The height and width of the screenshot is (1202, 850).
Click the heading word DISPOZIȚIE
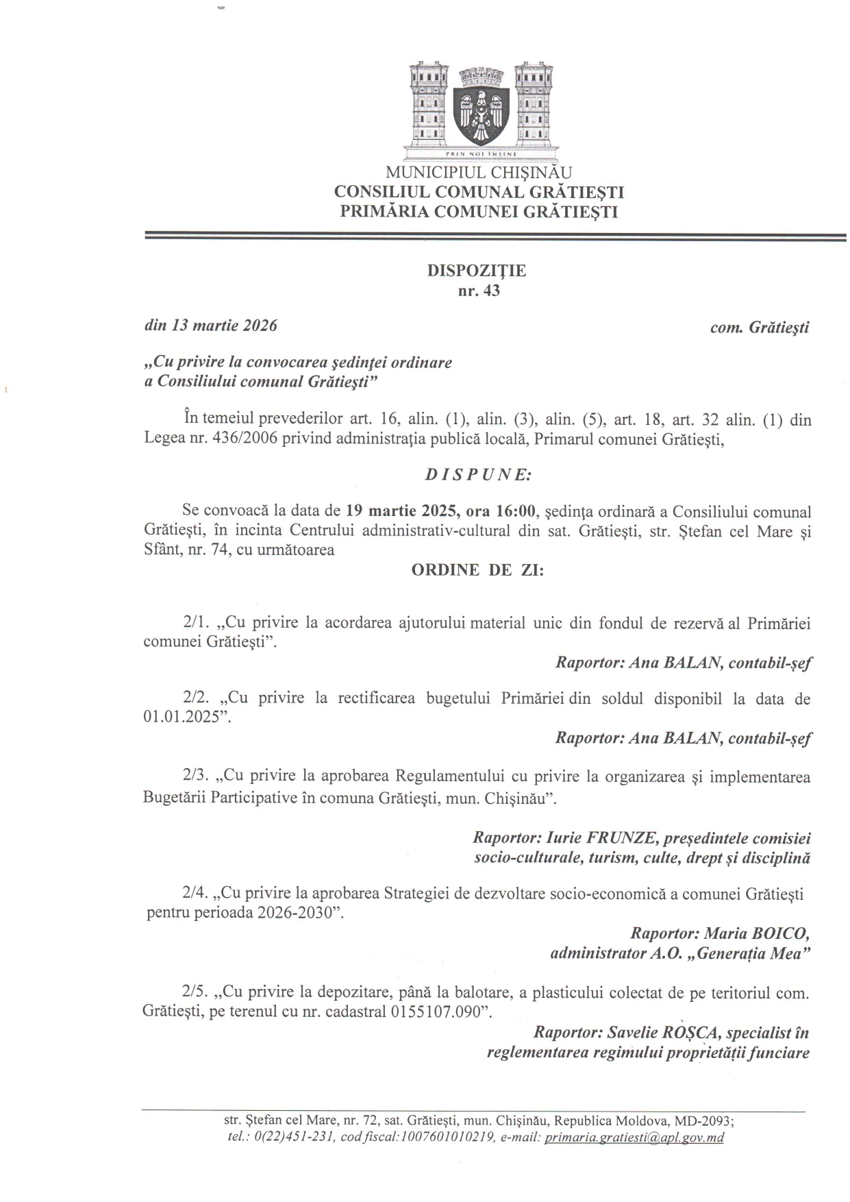pos(477,271)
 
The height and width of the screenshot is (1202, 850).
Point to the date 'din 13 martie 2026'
pos(210,326)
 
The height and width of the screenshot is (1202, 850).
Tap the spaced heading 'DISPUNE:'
pos(477,474)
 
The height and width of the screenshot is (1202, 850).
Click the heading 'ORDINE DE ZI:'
pos(477,570)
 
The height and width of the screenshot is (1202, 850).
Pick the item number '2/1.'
pos(197,624)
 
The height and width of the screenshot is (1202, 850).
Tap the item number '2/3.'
pos(197,777)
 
